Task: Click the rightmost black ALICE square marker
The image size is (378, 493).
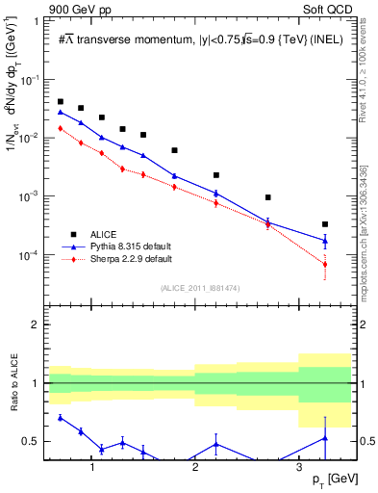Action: coord(325,224)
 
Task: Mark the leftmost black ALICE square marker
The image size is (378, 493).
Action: coord(61,101)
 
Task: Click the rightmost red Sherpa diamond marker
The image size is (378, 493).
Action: coord(325,264)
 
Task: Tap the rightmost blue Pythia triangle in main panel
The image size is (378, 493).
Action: coord(325,240)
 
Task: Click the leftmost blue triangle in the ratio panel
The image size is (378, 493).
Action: coord(61,417)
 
